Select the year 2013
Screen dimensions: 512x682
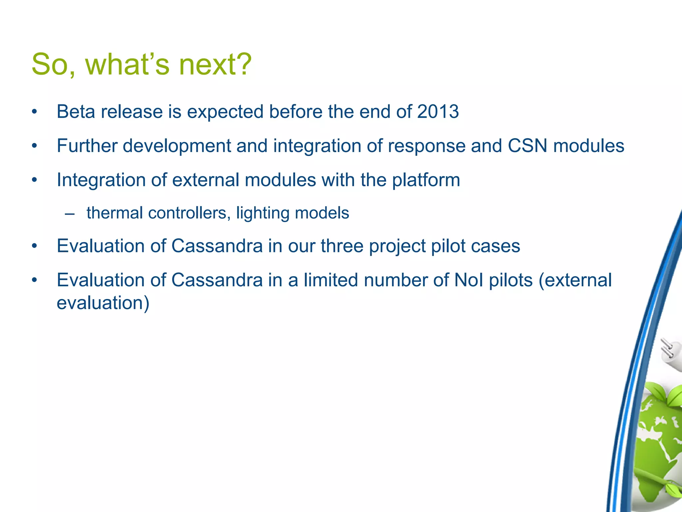pos(438,111)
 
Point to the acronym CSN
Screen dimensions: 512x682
pos(527,146)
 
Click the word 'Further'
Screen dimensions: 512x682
pos(87,146)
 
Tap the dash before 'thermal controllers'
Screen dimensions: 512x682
pos(70,214)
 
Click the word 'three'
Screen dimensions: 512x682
pos(342,246)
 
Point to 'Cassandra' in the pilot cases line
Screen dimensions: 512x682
pos(217,246)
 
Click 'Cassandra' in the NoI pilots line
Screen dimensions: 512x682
pos(217,280)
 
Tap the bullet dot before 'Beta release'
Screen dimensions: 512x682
pos(34,112)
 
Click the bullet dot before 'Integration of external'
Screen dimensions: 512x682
pos(34,180)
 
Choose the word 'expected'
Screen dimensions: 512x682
pos(225,112)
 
